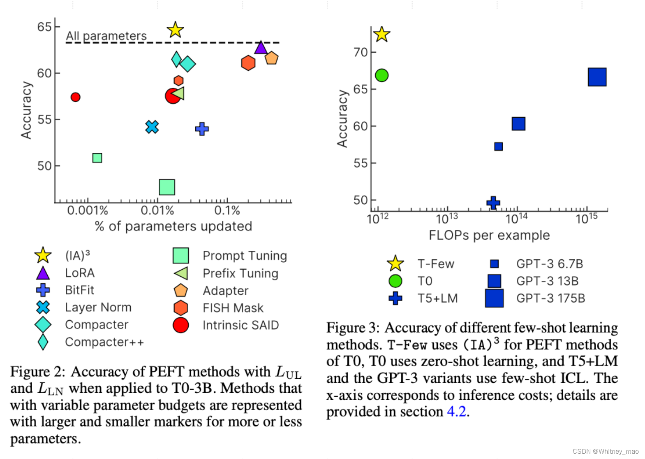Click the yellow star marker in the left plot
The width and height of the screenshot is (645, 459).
coord(175,30)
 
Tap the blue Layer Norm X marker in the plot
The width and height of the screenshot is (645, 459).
coord(152,127)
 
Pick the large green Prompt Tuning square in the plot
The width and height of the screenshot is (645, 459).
coord(167,187)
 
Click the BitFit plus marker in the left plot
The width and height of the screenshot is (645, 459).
coord(202,129)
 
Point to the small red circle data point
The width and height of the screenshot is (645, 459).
coord(75,97)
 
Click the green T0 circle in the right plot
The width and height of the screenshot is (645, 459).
coord(381,75)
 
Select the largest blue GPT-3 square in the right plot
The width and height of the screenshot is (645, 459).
coord(597,77)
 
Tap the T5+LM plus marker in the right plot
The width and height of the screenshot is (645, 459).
coord(493,203)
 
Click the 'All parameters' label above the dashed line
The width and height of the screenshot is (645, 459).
coord(106,36)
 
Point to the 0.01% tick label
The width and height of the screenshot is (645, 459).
coord(157,211)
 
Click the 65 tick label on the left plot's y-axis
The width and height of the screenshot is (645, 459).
coord(44,27)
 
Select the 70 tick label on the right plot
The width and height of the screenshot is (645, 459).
coord(360,53)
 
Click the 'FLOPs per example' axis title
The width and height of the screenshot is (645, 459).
coord(489,235)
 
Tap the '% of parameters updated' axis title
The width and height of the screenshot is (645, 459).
coord(173,226)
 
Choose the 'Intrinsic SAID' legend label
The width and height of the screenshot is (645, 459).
coord(240,325)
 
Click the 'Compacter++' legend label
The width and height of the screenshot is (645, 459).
coord(104,342)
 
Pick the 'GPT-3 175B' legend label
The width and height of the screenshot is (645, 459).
coord(550,298)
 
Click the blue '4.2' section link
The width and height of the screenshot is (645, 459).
coord(456,412)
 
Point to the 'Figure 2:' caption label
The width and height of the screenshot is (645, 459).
coord(37,372)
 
